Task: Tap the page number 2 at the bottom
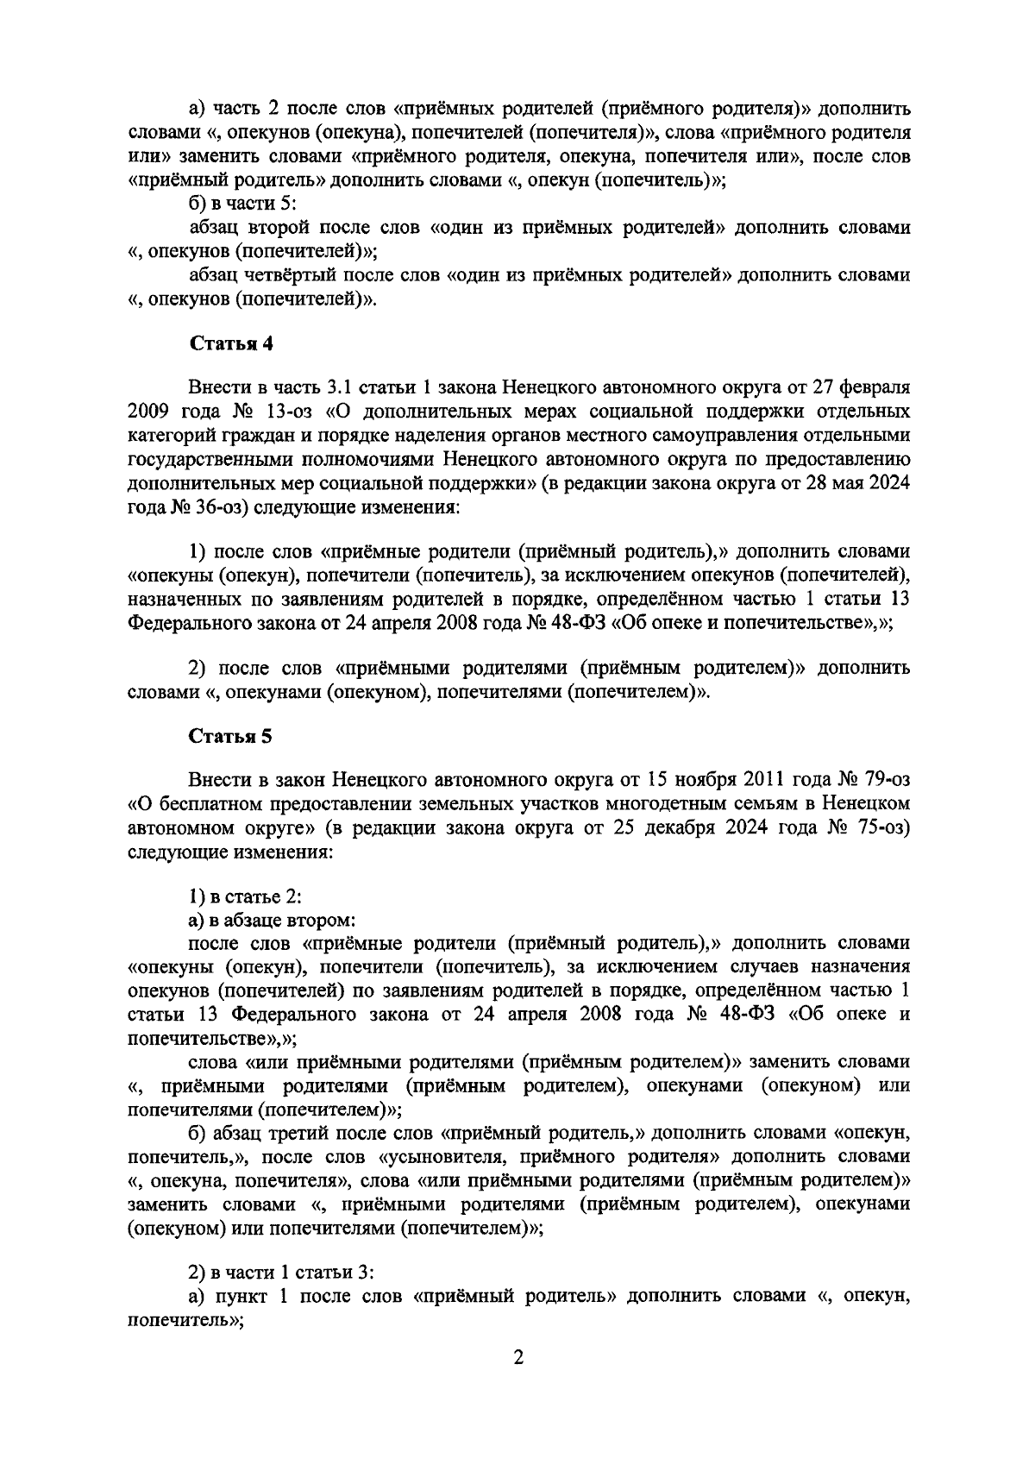[518, 1357]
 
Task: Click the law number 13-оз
[276, 407]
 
